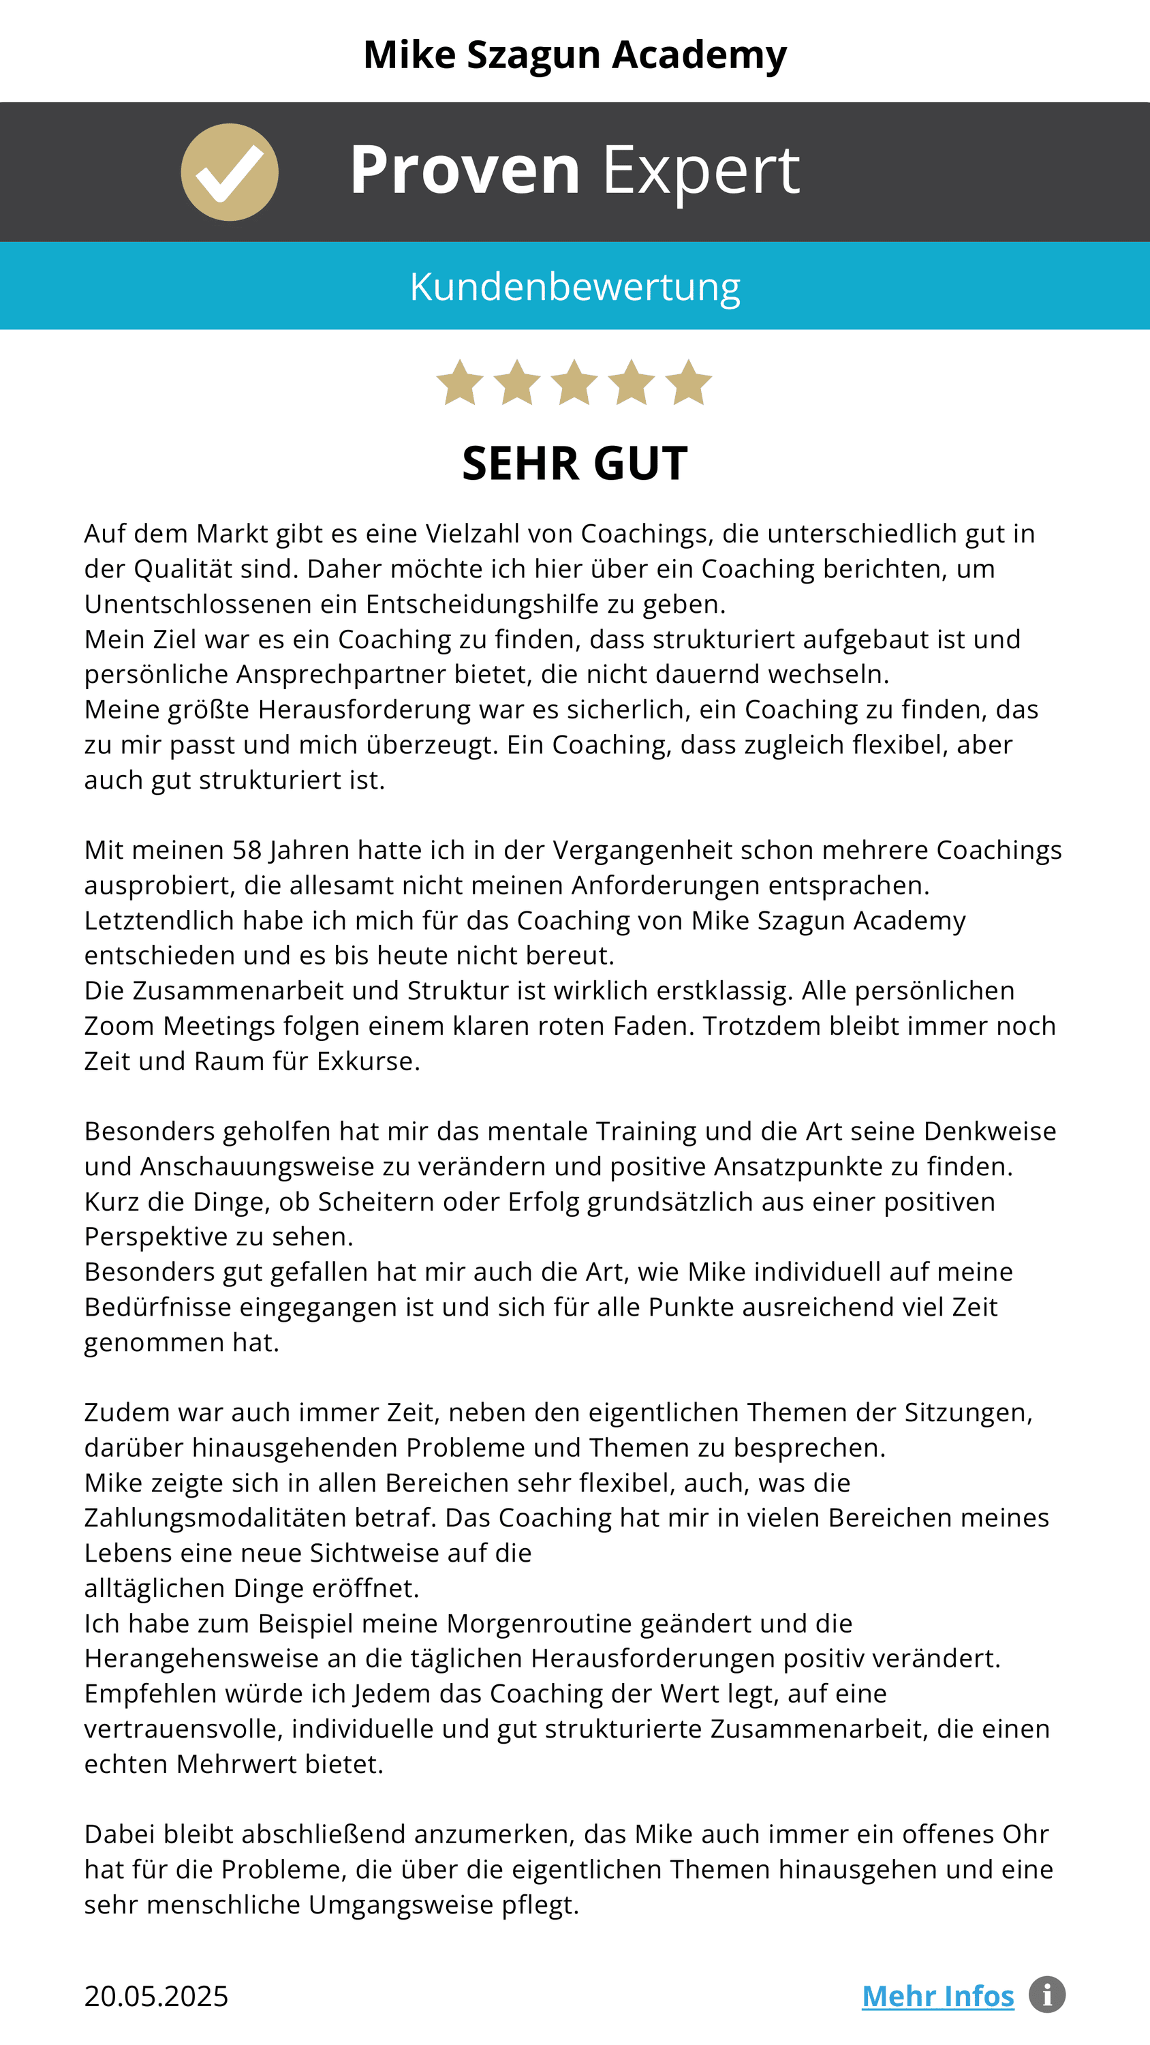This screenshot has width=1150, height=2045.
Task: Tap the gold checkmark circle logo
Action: click(x=230, y=172)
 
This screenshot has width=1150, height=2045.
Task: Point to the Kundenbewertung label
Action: click(x=574, y=286)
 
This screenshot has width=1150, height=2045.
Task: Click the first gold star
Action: click(x=461, y=382)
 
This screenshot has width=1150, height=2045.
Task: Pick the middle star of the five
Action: click(x=574, y=382)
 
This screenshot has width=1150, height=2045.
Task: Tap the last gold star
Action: click(x=688, y=382)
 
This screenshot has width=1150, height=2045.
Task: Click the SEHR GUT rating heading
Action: click(x=574, y=464)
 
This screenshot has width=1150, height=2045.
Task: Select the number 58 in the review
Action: click(x=247, y=850)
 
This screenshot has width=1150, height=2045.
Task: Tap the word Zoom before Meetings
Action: click(x=119, y=1027)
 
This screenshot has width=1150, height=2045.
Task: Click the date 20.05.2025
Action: click(x=156, y=1997)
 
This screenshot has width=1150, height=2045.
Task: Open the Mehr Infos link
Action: click(x=937, y=1997)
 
